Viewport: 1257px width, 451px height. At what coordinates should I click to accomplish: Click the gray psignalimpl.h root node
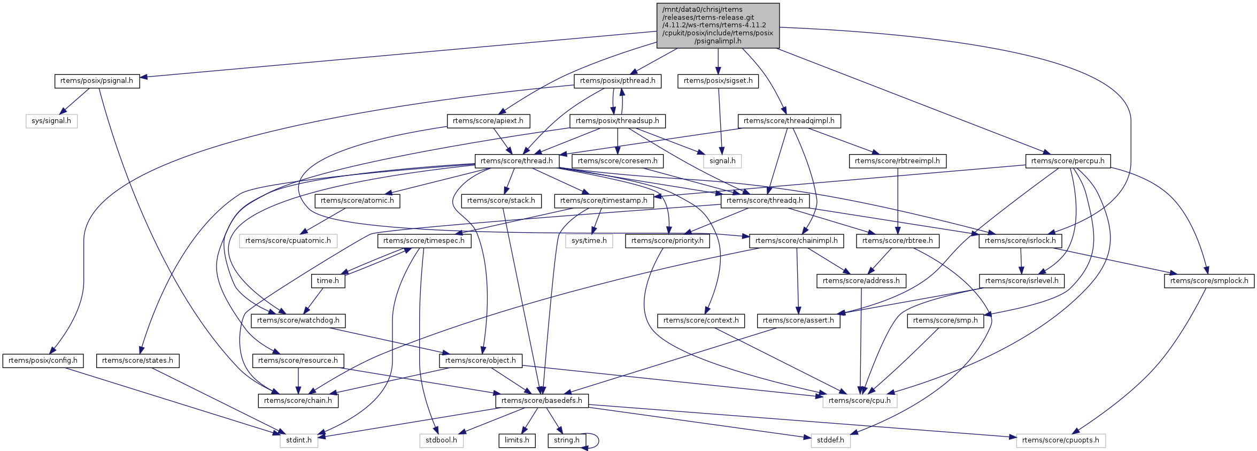click(718, 25)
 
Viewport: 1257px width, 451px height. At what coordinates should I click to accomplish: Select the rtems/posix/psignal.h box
click(97, 81)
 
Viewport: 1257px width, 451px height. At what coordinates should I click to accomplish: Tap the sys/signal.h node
click(51, 121)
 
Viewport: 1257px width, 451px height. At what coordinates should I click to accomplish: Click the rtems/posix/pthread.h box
click(618, 81)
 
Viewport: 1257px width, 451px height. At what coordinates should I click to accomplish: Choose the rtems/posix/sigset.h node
click(718, 81)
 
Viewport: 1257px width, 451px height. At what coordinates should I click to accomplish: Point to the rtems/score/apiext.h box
click(488, 121)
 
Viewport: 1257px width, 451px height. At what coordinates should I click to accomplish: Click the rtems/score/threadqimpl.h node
click(789, 121)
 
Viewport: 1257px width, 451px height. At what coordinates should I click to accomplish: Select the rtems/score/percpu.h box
click(1068, 160)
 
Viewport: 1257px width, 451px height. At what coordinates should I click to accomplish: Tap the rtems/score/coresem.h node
click(618, 160)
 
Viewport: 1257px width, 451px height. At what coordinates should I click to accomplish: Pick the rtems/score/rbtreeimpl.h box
click(897, 160)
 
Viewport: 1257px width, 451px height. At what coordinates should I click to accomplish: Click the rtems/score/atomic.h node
click(357, 201)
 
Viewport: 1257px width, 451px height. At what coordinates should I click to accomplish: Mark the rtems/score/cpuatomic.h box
click(288, 241)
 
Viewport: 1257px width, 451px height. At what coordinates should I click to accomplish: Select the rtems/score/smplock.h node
click(1209, 280)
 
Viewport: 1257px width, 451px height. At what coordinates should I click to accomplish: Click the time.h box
click(328, 280)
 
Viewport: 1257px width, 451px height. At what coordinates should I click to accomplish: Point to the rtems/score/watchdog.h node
click(298, 320)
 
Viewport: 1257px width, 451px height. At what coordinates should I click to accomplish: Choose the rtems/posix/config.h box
click(43, 361)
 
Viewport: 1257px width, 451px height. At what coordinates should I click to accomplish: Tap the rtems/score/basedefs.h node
click(542, 401)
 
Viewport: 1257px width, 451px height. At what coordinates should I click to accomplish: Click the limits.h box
click(517, 440)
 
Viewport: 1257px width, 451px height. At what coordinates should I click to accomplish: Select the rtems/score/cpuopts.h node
click(1061, 440)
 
